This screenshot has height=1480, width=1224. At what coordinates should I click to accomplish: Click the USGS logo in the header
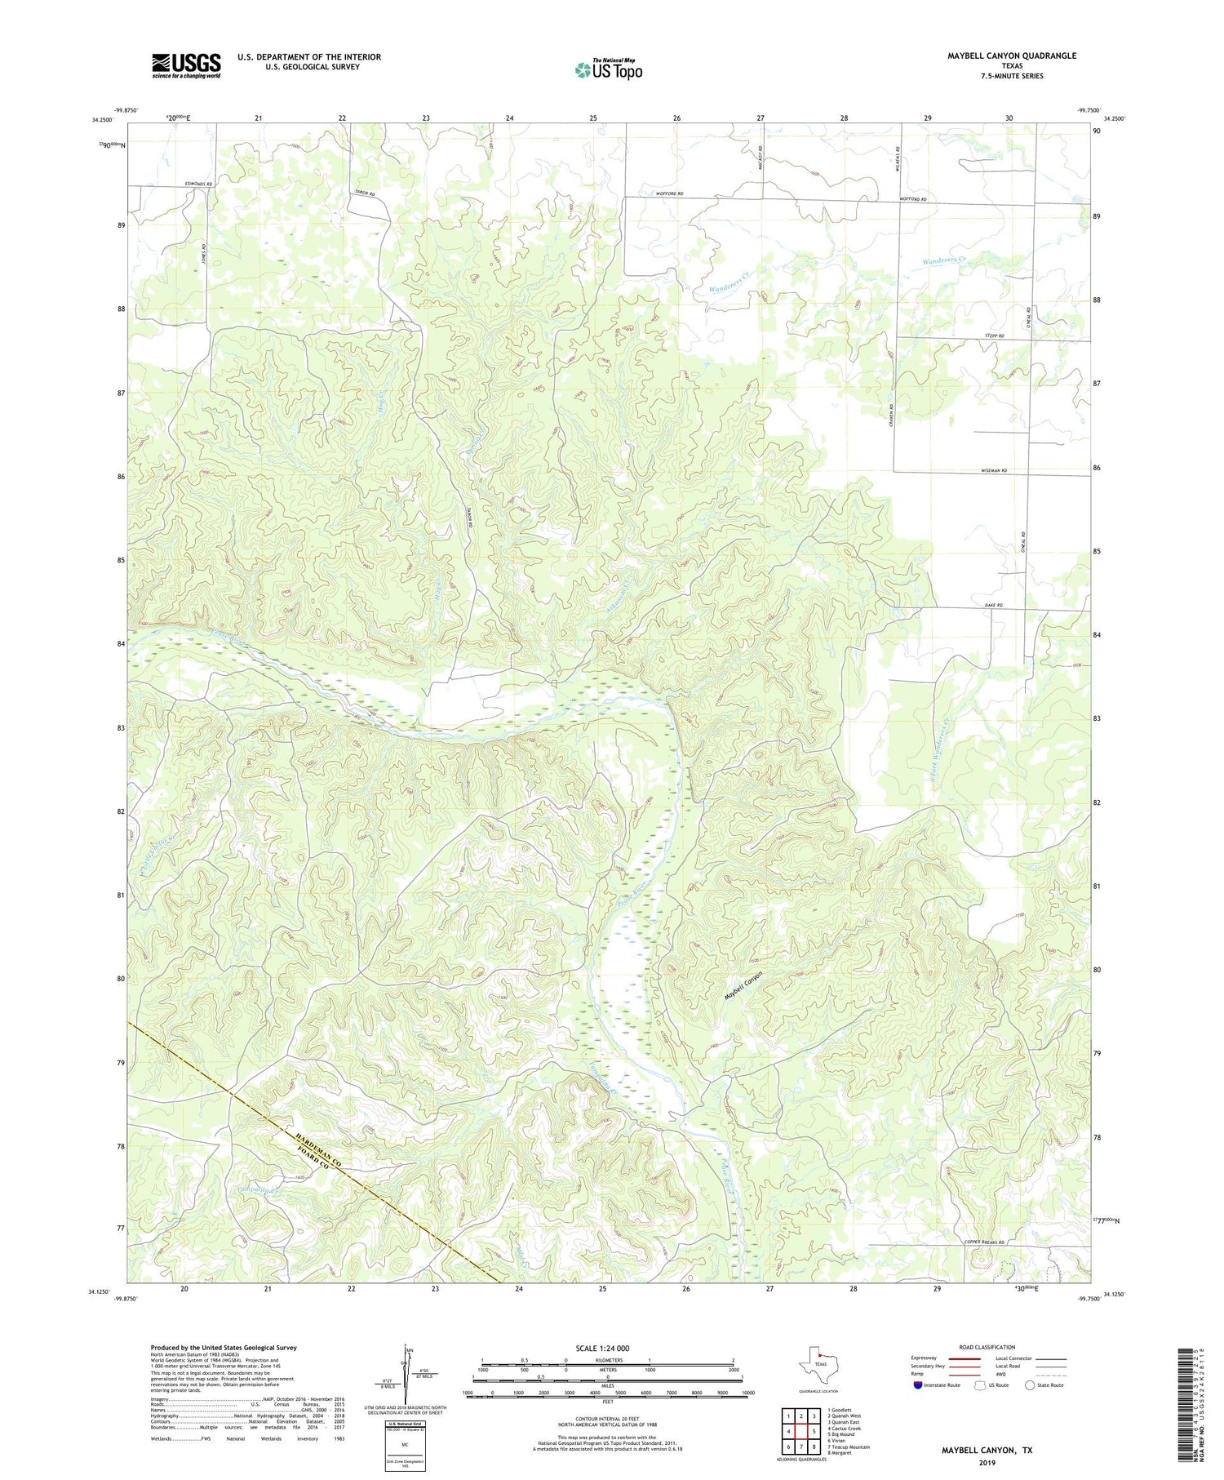(x=186, y=65)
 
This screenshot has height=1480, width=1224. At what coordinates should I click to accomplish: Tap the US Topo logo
(x=608, y=70)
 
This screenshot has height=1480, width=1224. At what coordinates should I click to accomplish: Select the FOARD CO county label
(x=308, y=1154)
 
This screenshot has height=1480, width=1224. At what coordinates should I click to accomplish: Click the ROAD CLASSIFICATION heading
(x=987, y=1347)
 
